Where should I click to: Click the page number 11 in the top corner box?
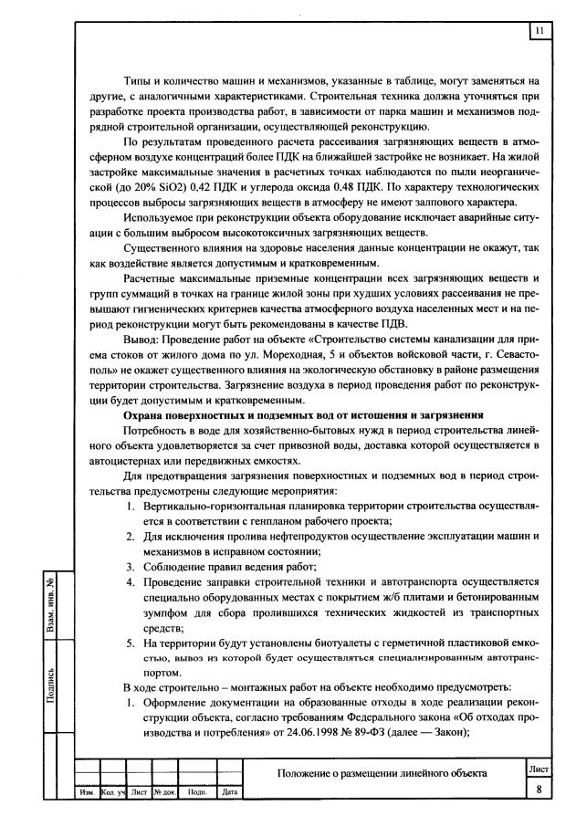click(x=539, y=32)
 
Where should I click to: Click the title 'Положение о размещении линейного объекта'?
click(x=382, y=774)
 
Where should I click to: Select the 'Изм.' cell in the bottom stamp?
click(x=87, y=792)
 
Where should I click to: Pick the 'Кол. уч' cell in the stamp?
click(x=113, y=792)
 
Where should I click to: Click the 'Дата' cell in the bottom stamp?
click(x=229, y=792)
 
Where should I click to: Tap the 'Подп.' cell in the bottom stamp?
click(x=197, y=792)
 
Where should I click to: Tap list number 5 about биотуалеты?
click(x=130, y=642)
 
